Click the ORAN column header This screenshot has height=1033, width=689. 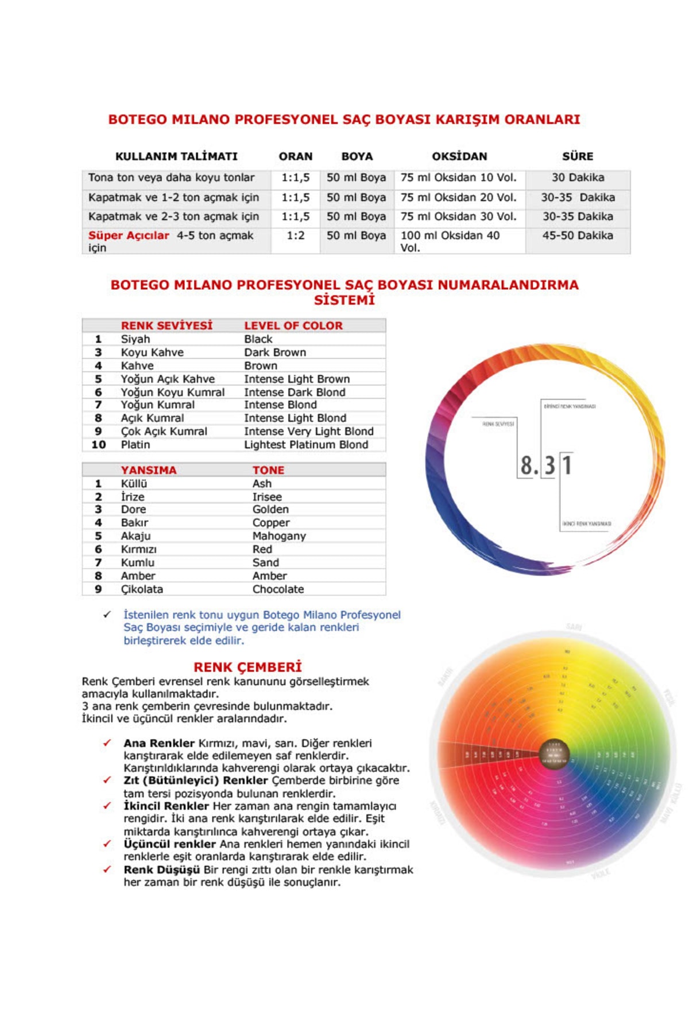296,156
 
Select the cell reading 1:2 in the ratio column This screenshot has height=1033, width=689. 296,235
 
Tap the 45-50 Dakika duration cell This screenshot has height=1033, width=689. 578,235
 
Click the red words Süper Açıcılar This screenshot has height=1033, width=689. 129,235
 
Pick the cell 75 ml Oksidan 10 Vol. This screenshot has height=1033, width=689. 458,178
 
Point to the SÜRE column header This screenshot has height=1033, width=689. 578,156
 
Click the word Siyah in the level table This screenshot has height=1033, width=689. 135,339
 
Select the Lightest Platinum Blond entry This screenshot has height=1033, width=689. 306,445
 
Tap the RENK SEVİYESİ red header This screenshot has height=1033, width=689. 167,325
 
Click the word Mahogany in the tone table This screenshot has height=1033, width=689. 279,536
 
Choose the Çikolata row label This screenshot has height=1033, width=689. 142,589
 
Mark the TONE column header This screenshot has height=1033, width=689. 268,470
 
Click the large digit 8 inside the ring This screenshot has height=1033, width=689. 527,465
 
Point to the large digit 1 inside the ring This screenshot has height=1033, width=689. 567,465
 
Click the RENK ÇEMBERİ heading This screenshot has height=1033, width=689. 247,667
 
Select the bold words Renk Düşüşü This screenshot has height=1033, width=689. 161,869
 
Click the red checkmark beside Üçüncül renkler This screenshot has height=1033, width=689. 107,844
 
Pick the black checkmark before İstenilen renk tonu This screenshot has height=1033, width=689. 107,615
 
